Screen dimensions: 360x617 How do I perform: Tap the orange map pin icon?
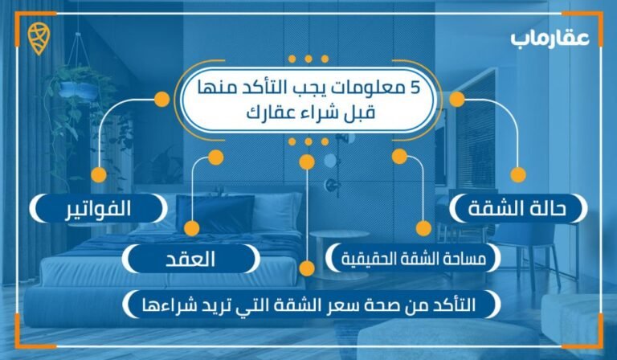[x=38, y=38]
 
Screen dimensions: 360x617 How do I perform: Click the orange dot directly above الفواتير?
[x=97, y=174]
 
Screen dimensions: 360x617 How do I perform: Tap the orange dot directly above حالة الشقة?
[x=518, y=174]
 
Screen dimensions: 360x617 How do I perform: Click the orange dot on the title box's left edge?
[x=161, y=100]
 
